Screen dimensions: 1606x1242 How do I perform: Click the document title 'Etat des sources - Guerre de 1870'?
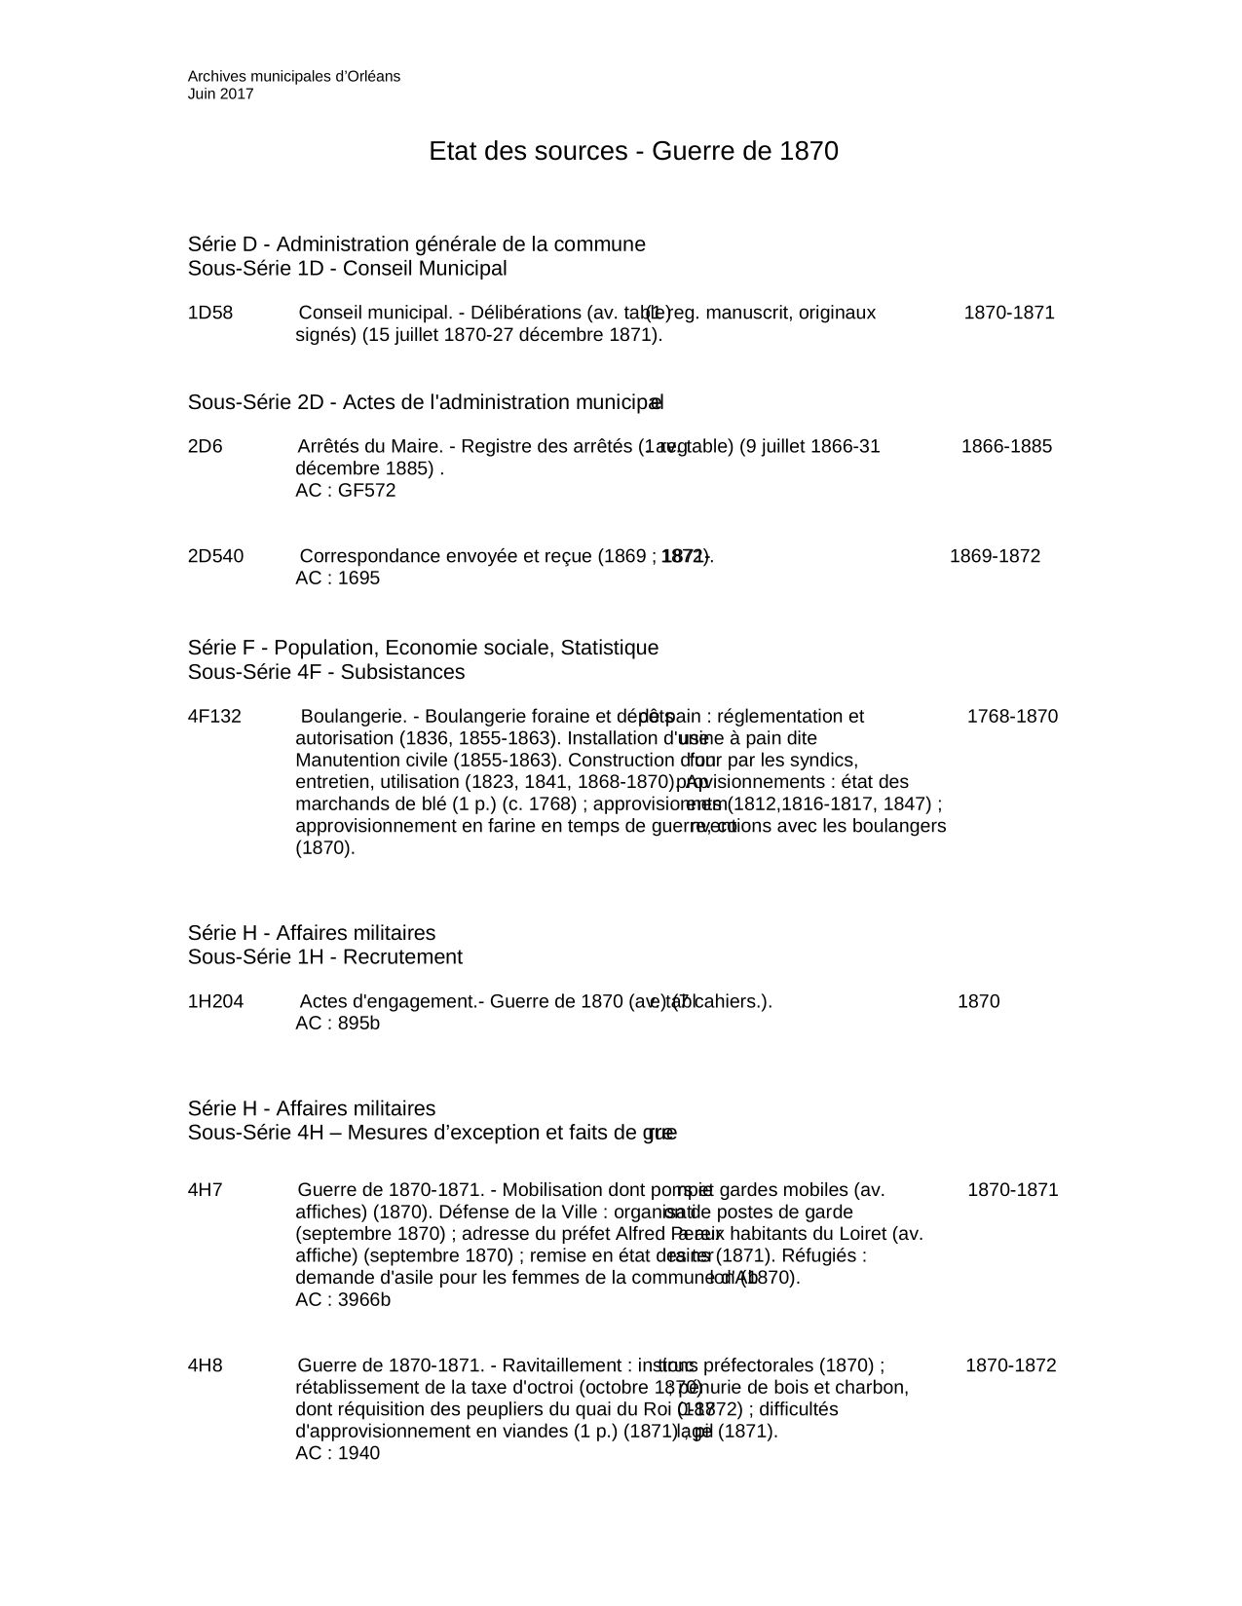pyautogui.click(x=633, y=152)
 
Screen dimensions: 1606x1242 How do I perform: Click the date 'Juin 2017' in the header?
pyautogui.click(x=220, y=94)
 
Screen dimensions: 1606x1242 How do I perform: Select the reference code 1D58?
pyautogui.click(x=210, y=313)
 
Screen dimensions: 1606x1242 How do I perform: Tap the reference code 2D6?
pyautogui.click(x=205, y=447)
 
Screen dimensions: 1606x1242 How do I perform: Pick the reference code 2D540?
pyautogui.click(x=215, y=556)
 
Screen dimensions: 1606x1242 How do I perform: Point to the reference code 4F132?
pyautogui.click(x=214, y=717)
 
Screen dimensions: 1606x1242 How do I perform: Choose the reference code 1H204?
pyautogui.click(x=215, y=1001)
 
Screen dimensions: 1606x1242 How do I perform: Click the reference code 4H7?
pyautogui.click(x=205, y=1190)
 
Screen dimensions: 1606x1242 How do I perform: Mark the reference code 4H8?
pyautogui.click(x=205, y=1365)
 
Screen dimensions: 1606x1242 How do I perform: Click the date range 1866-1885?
pyautogui.click(x=1006, y=447)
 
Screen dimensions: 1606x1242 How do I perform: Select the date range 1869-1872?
pyautogui.click(x=995, y=556)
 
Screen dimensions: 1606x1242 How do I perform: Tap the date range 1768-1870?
pyautogui.click(x=1012, y=717)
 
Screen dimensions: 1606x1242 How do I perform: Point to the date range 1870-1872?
pyautogui.click(x=1010, y=1365)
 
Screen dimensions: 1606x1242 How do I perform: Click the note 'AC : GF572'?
pyautogui.click(x=346, y=491)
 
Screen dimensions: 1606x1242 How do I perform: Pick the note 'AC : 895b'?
pyautogui.click(x=337, y=1024)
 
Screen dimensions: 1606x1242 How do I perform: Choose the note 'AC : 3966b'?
pyautogui.click(x=343, y=1300)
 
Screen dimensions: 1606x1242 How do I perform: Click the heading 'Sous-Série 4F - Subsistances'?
pyautogui.click(x=326, y=672)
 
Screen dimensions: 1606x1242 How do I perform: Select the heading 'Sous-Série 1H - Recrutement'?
pyautogui.click(x=325, y=957)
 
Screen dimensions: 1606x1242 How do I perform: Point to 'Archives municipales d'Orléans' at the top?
pyautogui.click(x=294, y=76)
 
